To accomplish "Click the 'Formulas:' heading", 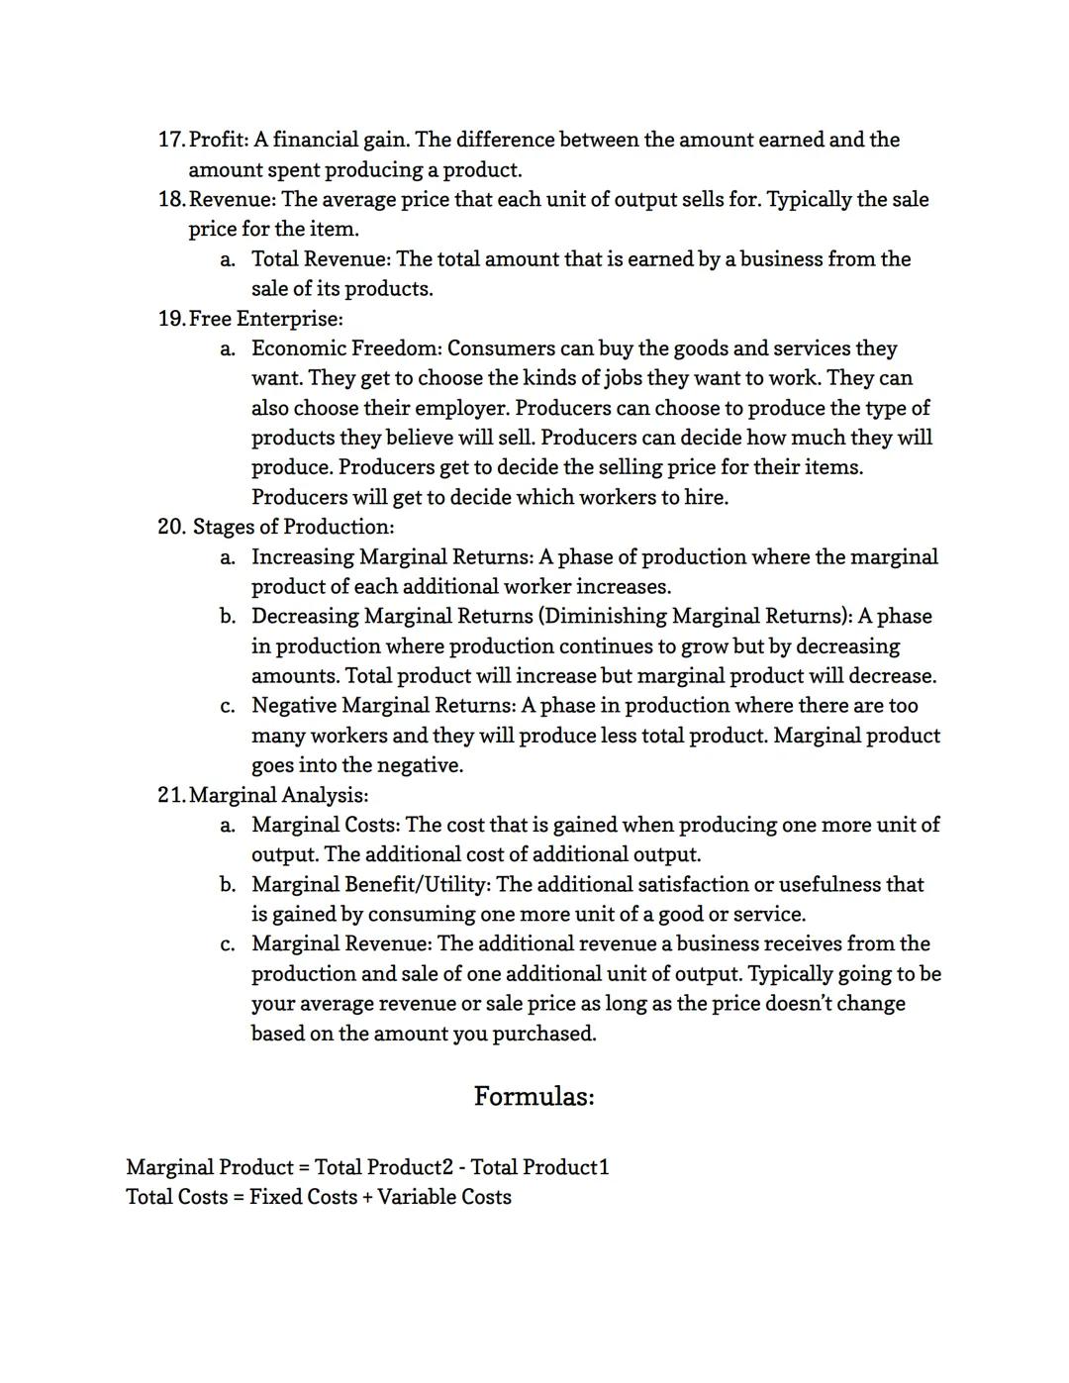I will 534,1097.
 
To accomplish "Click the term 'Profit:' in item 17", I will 218,140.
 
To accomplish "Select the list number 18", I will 170,199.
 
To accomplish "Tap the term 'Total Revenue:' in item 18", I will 321,259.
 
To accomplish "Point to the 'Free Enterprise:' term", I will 265,319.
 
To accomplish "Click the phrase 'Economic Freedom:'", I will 346,348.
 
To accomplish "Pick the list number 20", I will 171,527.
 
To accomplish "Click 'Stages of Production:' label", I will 293,527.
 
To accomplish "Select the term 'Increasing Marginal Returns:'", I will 392,557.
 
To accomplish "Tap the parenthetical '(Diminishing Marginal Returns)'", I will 695,617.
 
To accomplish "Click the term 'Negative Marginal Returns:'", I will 383,706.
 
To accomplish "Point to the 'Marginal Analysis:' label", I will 278,795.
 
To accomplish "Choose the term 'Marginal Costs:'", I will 326,825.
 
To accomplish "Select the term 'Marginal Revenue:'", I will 341,943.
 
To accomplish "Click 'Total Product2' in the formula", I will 383,1167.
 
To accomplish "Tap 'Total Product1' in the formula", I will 539,1167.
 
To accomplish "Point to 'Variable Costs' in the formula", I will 444,1197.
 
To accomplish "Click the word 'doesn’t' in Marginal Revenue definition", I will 800,1004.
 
